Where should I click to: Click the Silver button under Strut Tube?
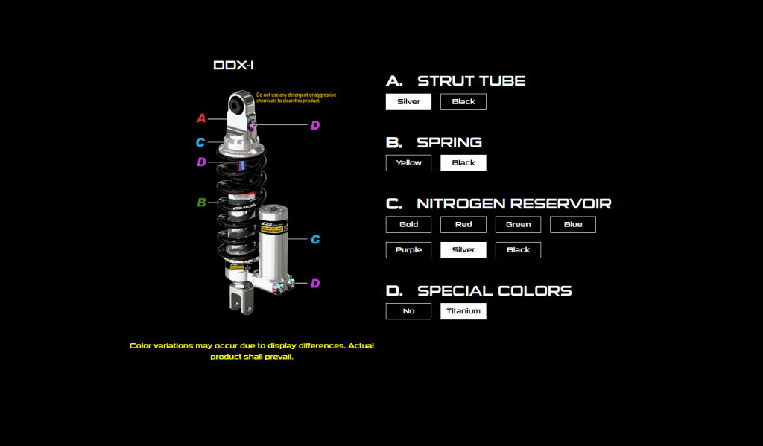408,102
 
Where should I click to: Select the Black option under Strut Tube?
463,102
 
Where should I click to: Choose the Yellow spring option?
408,163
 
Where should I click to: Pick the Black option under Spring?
463,163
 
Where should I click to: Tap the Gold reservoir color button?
408,224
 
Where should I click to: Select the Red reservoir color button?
463,224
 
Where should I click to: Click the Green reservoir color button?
518,224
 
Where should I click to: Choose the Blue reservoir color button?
573,224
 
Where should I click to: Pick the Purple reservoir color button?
408,250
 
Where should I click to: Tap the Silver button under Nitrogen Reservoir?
463,250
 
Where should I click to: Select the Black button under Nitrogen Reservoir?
518,250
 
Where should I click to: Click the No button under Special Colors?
408,311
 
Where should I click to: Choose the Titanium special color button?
463,311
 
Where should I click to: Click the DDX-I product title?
234,66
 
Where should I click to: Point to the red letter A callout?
200,118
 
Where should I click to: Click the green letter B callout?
201,203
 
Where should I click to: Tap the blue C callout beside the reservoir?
315,240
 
